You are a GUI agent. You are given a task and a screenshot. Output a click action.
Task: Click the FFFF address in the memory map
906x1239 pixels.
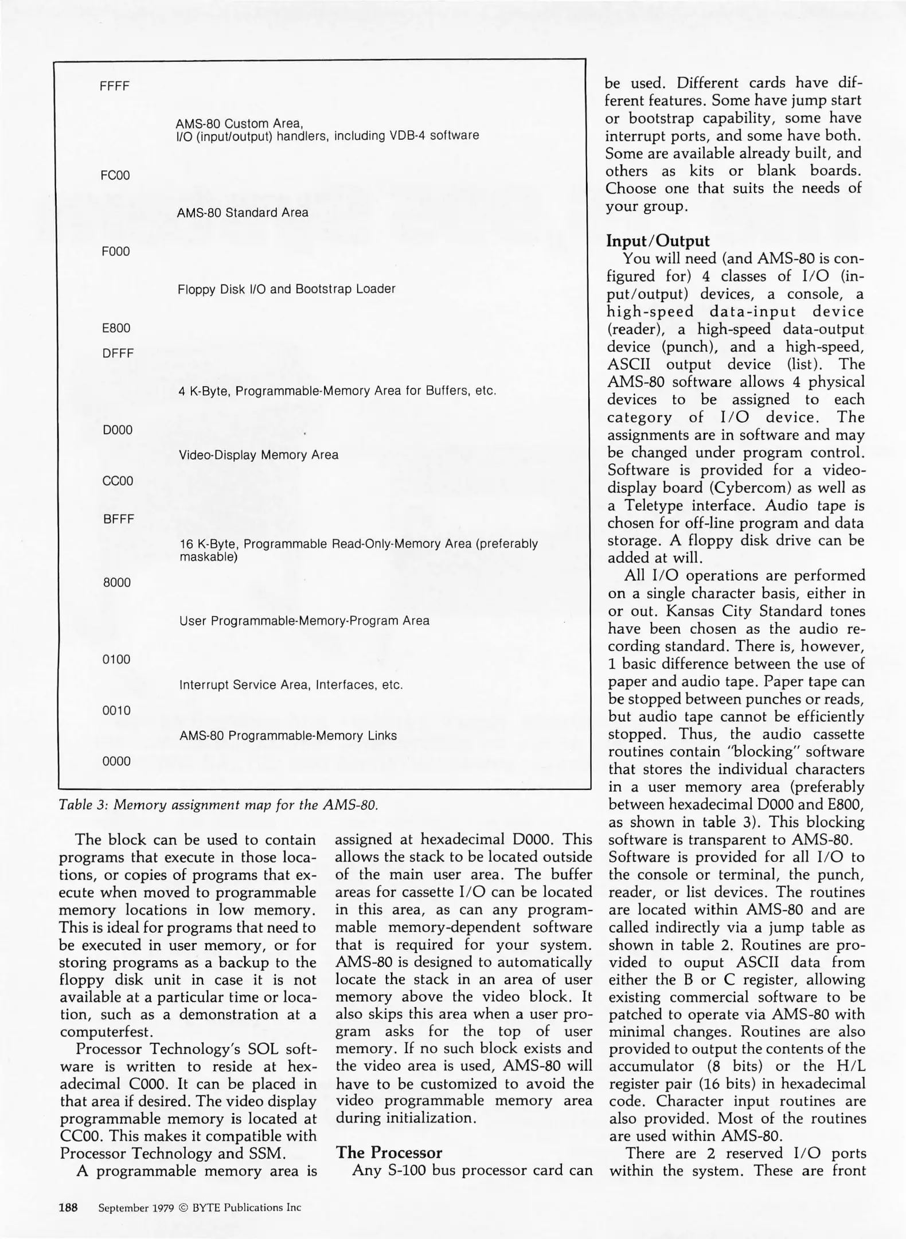pos(115,87)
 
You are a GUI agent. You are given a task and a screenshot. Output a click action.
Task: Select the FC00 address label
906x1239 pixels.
pos(115,176)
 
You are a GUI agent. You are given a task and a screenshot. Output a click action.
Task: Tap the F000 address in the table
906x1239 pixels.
pos(116,252)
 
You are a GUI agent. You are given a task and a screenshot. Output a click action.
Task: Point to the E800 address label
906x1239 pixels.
pos(116,329)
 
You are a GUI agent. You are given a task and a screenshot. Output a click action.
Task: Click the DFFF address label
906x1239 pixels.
pos(118,354)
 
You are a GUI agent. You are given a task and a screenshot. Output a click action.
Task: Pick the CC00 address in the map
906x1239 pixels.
pos(118,481)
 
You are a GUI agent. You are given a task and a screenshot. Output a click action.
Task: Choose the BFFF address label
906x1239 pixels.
pos(119,520)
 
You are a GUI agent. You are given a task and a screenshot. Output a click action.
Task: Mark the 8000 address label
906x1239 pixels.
pos(117,583)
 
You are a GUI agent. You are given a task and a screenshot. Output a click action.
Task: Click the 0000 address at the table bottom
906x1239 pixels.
pos(116,762)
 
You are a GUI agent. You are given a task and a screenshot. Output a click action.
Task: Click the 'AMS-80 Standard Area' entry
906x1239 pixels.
pos(243,213)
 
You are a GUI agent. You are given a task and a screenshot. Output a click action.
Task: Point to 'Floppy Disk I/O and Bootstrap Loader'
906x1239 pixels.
pos(287,289)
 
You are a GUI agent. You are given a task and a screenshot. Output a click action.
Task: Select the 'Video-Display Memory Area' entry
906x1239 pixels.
pos(259,455)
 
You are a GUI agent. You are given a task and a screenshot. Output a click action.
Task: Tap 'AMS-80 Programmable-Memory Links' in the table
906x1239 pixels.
pos(288,736)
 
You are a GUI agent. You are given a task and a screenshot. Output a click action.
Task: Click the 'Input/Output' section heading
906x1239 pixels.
pos(658,241)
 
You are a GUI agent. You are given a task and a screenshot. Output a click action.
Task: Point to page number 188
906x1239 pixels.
pos(69,1207)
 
